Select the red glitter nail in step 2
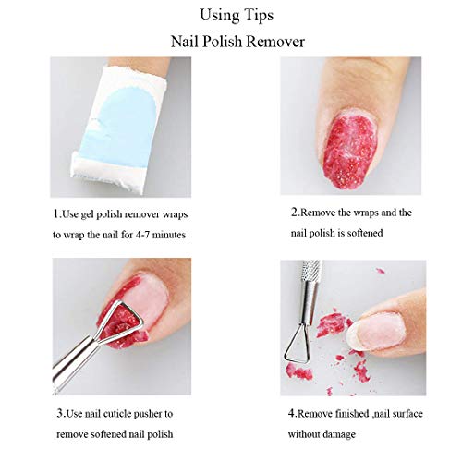(x=349, y=150)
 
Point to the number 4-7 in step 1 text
(x=142, y=235)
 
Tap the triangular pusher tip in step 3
(x=120, y=322)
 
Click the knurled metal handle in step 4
(x=310, y=271)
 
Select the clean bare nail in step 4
(x=376, y=333)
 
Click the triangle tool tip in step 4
(x=298, y=343)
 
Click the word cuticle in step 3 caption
(x=119, y=414)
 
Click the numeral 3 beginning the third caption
(x=60, y=413)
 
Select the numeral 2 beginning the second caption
(x=294, y=213)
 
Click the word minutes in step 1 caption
(x=169, y=235)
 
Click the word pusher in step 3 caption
(x=152, y=414)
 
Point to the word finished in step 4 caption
(x=352, y=414)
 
